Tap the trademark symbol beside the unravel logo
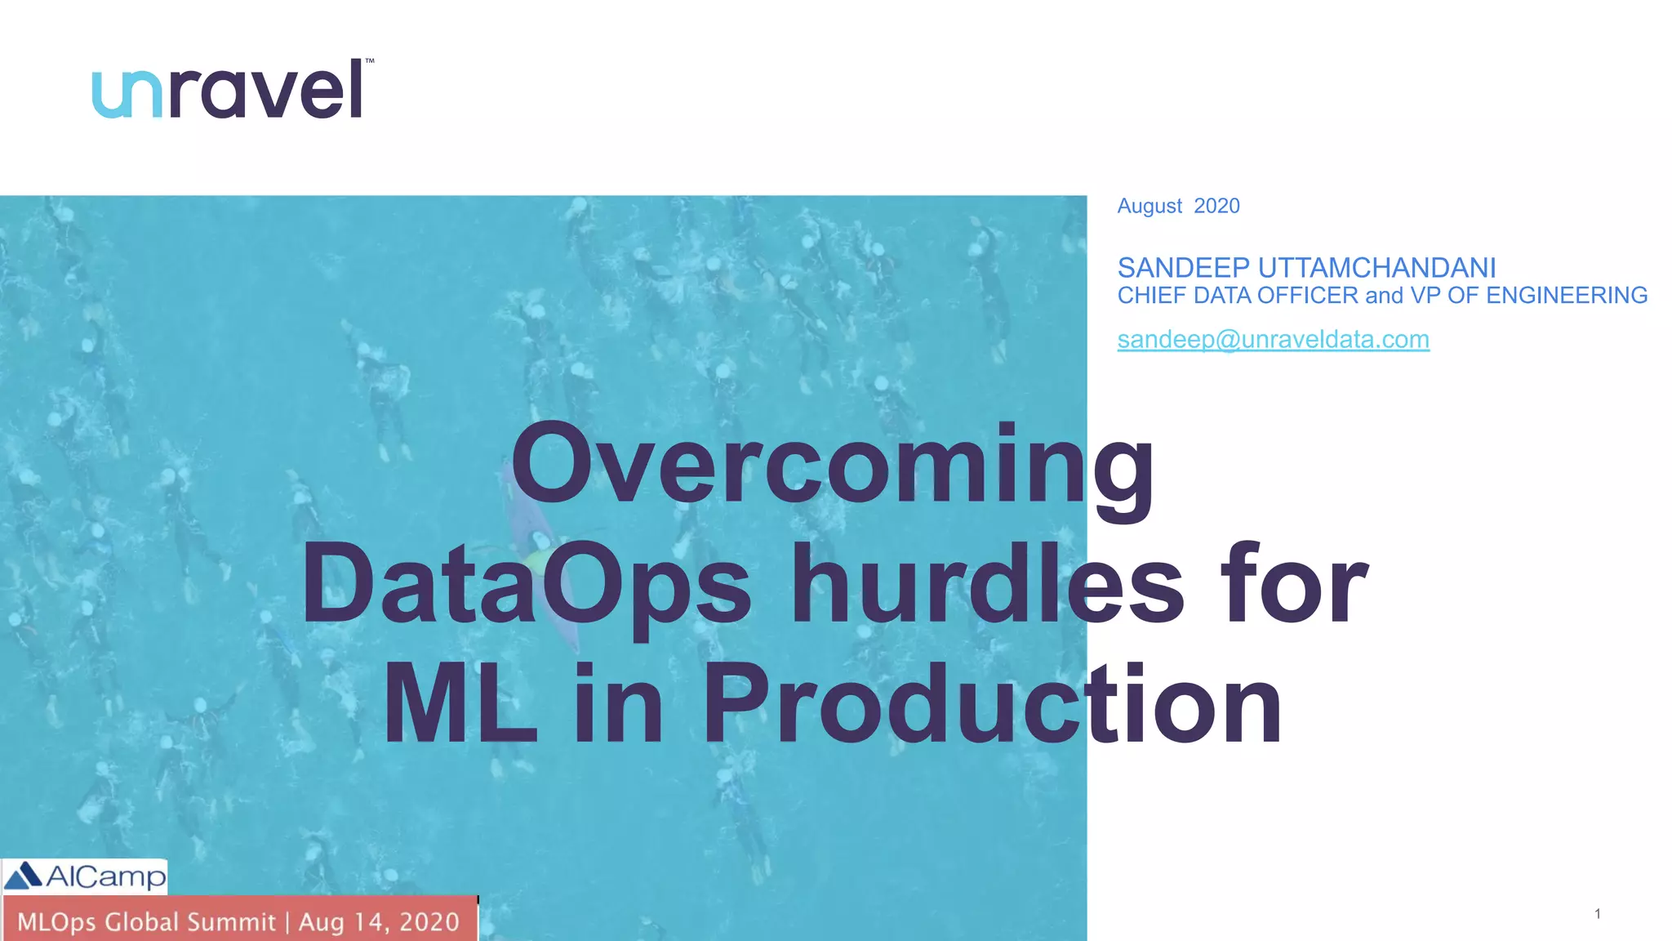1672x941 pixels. click(369, 61)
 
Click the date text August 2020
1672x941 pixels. click(1178, 206)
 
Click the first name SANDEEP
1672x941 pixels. click(1183, 268)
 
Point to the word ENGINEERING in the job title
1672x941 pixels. click(1567, 296)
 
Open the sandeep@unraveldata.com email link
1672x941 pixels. click(1273, 340)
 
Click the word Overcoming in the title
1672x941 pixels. click(833, 466)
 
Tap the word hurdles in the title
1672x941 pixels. click(988, 585)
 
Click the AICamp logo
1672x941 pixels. click(85, 876)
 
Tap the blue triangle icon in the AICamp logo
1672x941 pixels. click(24, 876)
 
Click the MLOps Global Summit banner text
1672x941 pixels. click(147, 922)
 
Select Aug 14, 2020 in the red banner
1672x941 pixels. click(379, 922)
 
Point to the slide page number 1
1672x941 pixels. click(1597, 914)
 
